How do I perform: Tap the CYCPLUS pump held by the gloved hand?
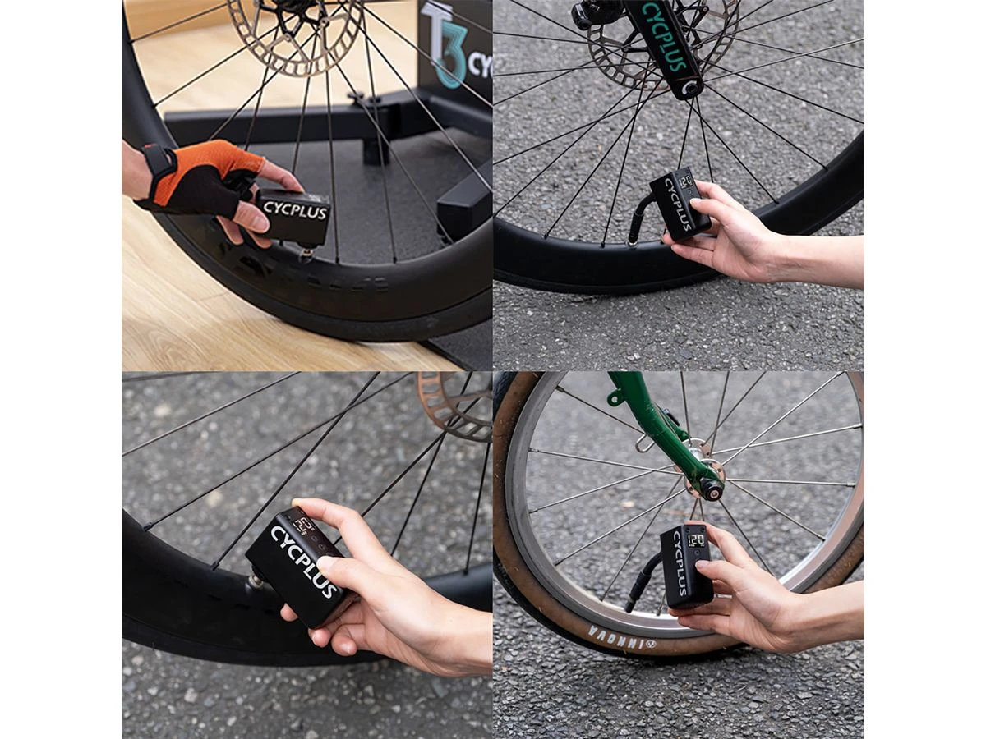(294, 215)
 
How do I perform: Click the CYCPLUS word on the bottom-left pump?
(304, 562)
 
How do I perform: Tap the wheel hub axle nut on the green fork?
(710, 488)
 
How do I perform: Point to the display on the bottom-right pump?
(696, 539)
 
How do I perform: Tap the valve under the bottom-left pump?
(256, 581)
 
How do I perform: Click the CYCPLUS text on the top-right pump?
(670, 205)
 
